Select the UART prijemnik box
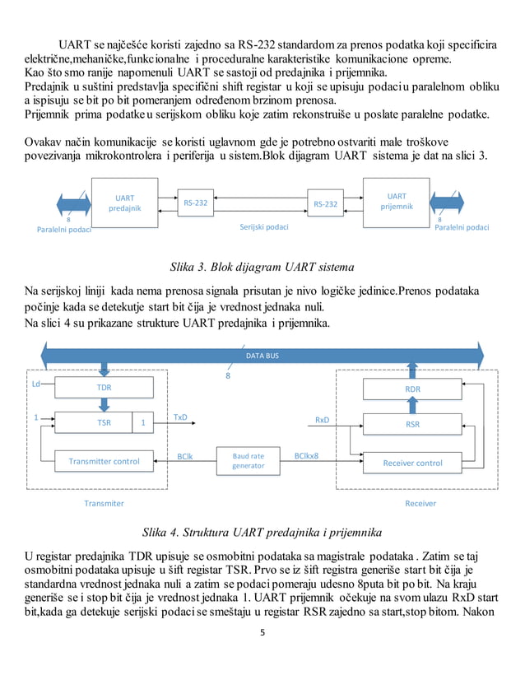[x=397, y=203]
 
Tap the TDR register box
[x=104, y=386]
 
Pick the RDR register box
[x=412, y=389]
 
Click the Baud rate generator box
[x=249, y=460]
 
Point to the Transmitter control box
[x=104, y=462]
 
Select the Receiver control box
[x=412, y=463]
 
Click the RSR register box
[x=412, y=425]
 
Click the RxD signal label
[x=322, y=420]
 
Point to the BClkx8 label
[x=306, y=455]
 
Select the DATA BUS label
[x=262, y=356]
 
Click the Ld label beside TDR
[x=36, y=384]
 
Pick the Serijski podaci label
[x=263, y=226]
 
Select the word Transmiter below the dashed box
[x=104, y=503]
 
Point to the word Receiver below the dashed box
[x=420, y=503]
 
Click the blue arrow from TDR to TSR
[x=104, y=404]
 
